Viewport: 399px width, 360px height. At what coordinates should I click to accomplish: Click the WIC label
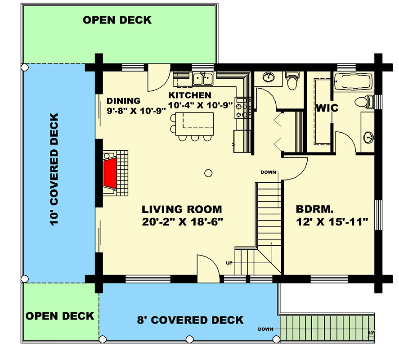point(327,108)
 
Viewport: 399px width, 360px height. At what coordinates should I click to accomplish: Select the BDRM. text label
point(315,209)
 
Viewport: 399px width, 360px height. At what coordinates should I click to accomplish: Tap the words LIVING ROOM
point(182,209)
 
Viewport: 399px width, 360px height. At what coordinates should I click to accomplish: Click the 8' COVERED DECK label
point(190,320)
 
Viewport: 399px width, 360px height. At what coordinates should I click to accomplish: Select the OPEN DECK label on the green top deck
point(117,20)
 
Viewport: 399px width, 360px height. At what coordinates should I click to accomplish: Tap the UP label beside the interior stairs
point(229,263)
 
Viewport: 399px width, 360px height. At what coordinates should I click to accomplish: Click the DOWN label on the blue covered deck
point(265,329)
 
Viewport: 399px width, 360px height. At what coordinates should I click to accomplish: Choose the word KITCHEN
point(189,95)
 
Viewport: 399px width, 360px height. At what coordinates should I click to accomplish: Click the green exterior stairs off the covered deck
point(326,327)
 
